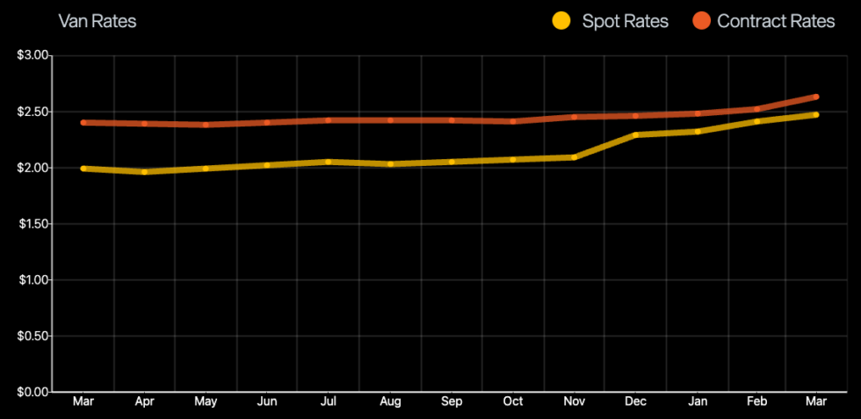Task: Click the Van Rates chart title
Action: (x=97, y=21)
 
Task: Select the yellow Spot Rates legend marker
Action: (x=561, y=21)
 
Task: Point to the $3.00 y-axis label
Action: (x=34, y=56)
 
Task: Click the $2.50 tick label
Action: (x=34, y=112)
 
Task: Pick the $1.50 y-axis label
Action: (x=34, y=224)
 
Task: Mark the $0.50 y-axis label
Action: (x=34, y=336)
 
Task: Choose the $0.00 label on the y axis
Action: (x=34, y=392)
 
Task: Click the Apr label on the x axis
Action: (x=144, y=402)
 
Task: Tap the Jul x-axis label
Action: (x=328, y=402)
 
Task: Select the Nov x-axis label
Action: (x=574, y=402)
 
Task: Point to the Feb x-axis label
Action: (x=756, y=402)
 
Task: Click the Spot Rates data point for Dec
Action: (x=635, y=134)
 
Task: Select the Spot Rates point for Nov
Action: (x=574, y=157)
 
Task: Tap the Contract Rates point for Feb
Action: (x=756, y=109)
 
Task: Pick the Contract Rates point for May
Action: (x=206, y=125)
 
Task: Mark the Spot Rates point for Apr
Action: (x=144, y=172)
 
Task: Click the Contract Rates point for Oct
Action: (x=512, y=121)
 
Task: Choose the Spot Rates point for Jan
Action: (x=697, y=132)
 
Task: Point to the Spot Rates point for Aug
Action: (x=389, y=164)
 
